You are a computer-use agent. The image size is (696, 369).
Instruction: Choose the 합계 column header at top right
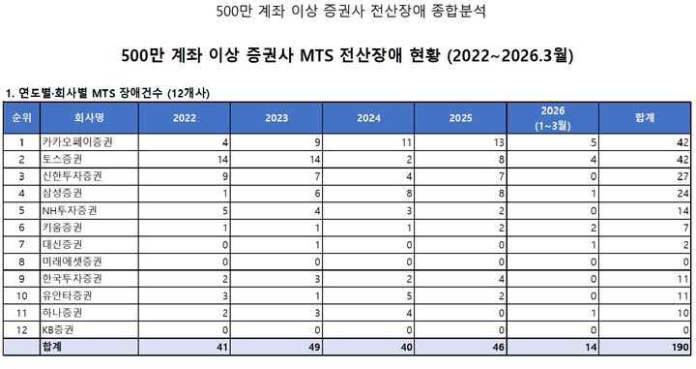(x=642, y=116)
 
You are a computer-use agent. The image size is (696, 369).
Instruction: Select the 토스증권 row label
(x=64, y=158)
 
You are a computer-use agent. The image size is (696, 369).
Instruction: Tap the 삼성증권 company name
(x=64, y=193)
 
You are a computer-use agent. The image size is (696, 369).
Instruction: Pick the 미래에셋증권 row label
(x=71, y=262)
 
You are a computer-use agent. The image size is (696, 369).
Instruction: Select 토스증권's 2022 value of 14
(x=221, y=158)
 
